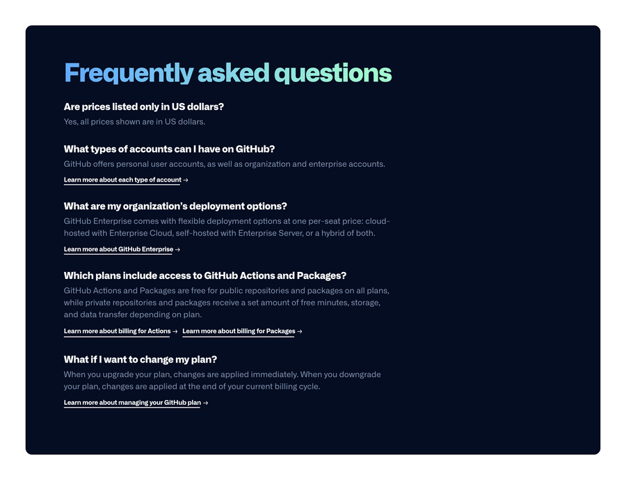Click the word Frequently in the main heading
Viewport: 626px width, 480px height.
point(128,73)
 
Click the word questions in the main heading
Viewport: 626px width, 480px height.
point(332,73)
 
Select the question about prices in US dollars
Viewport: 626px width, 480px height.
point(143,106)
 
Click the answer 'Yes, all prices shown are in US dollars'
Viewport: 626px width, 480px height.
point(134,122)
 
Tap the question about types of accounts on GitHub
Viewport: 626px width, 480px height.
point(169,149)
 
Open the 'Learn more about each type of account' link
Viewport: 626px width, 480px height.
point(122,179)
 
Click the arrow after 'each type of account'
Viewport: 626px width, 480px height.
point(186,180)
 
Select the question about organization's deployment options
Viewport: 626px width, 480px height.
point(175,206)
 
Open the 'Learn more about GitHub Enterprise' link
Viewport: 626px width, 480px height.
point(118,249)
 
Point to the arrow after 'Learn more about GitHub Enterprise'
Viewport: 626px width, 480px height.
point(178,250)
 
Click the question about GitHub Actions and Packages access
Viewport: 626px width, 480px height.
point(204,275)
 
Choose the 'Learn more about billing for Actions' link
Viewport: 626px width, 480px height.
point(117,331)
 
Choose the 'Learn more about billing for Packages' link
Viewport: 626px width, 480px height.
point(239,331)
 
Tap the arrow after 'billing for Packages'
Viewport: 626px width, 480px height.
point(300,332)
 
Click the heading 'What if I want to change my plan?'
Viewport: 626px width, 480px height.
point(141,360)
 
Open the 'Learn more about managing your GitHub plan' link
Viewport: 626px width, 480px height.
point(132,402)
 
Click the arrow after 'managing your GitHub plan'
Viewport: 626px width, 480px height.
point(206,403)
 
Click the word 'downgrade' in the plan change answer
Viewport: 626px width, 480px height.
point(360,374)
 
